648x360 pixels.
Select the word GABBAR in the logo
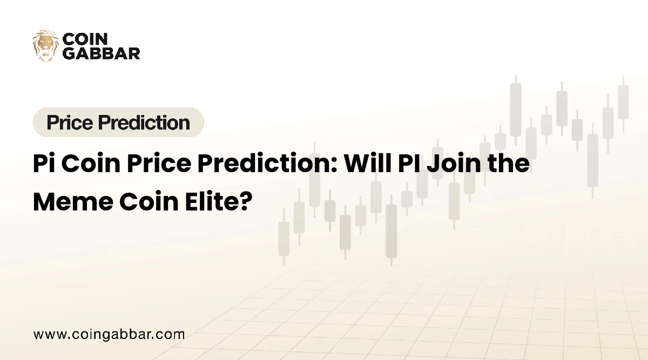pyautogui.click(x=101, y=53)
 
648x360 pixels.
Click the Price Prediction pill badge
pyautogui.click(x=118, y=123)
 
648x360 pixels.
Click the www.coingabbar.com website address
pyautogui.click(x=109, y=334)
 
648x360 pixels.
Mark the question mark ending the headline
pyautogui.click(x=246, y=201)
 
